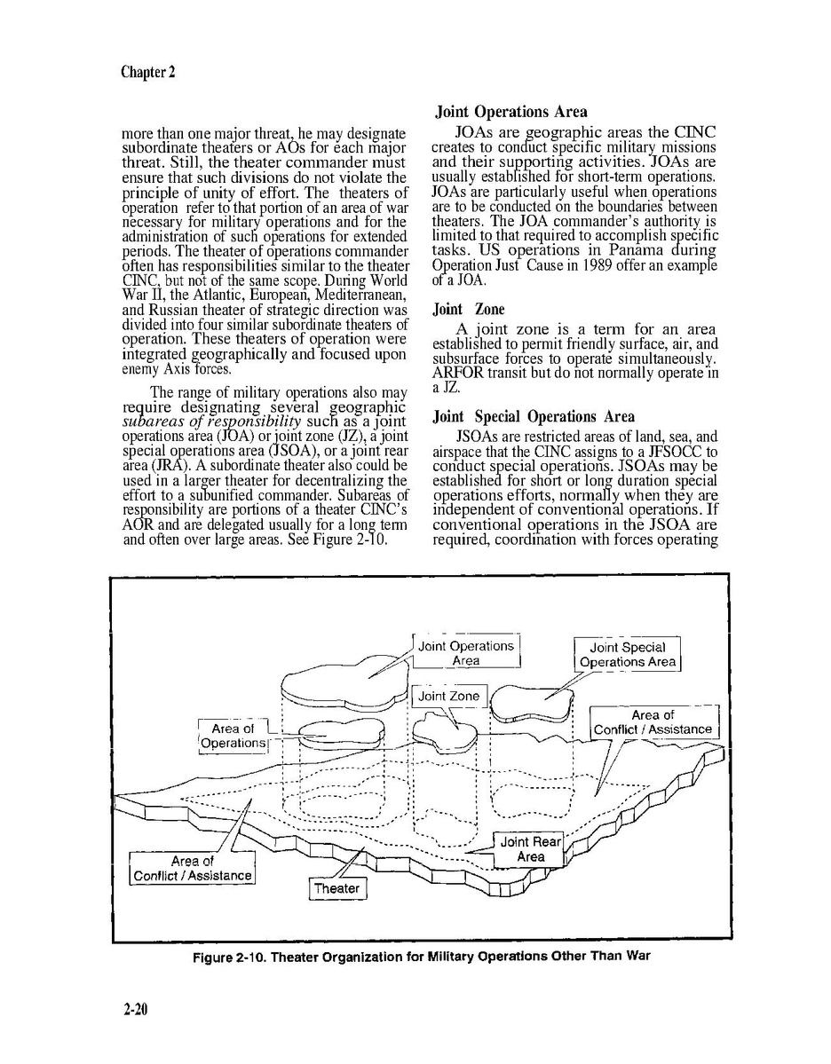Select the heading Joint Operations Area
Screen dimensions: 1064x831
tap(510, 112)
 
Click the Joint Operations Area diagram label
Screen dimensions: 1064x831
tap(466, 653)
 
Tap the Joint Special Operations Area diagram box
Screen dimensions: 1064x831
tap(627, 655)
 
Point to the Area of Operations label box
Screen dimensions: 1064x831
tap(233, 736)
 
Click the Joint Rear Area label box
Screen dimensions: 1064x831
tap(530, 849)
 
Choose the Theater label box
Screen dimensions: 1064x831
tap(337, 888)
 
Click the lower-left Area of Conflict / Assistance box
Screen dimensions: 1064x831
tap(193, 869)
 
